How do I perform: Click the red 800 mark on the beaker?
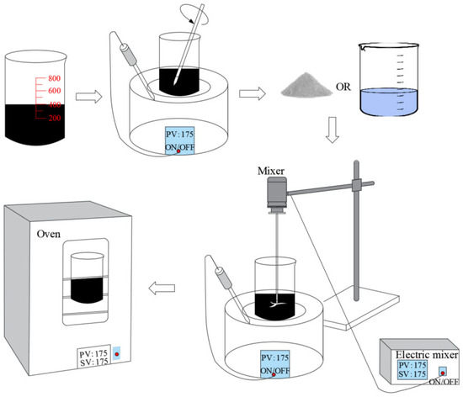[x=55, y=78]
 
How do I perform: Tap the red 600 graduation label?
[x=55, y=90]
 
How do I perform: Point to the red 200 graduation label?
[x=55, y=118]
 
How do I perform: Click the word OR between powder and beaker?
[x=343, y=87]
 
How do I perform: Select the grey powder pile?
[x=306, y=85]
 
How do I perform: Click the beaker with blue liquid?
[x=389, y=79]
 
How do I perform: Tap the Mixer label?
[x=271, y=171]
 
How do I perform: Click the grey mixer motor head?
[x=277, y=194]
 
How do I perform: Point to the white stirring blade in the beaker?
[x=277, y=304]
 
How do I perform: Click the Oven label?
[x=49, y=234]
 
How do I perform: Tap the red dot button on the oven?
[x=117, y=354]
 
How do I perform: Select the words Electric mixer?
[x=427, y=354]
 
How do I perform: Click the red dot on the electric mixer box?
[x=443, y=373]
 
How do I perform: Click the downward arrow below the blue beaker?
[x=333, y=130]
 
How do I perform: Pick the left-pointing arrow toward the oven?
[x=162, y=288]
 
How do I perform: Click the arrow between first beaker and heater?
[x=89, y=97]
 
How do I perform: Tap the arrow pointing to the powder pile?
[x=253, y=93]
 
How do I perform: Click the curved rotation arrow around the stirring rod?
[x=194, y=15]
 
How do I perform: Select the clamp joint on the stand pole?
[x=357, y=185]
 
